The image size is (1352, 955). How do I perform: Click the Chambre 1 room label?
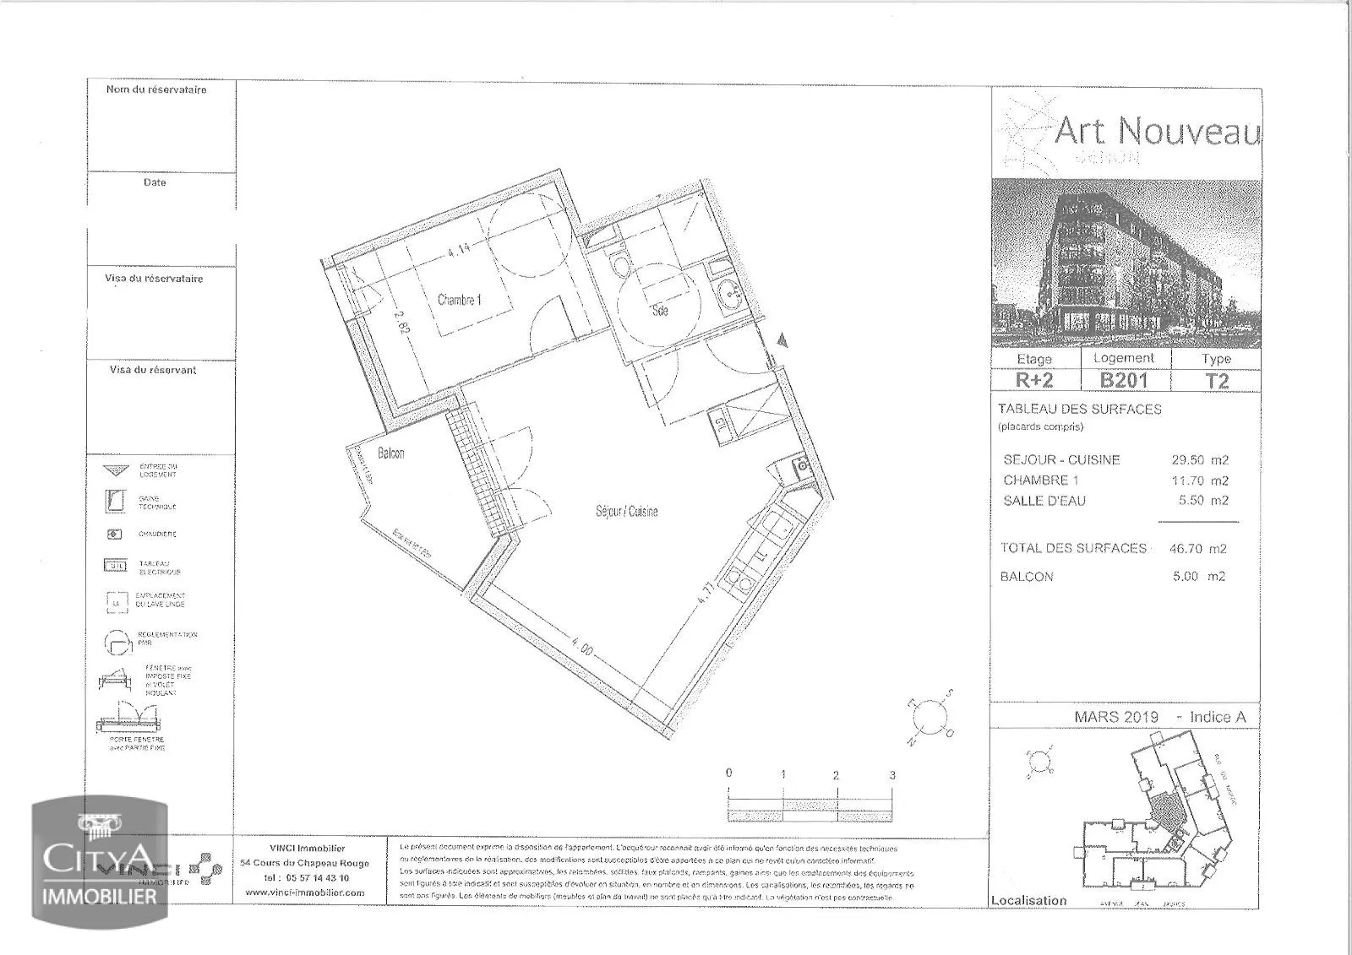pos(460,300)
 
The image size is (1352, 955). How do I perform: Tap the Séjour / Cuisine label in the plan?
pos(626,511)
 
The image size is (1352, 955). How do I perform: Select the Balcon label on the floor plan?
pos(390,453)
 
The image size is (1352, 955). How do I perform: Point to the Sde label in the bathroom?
pos(660,311)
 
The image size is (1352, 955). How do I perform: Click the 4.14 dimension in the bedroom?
pos(459,251)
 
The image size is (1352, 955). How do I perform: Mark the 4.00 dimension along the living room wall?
pos(582,650)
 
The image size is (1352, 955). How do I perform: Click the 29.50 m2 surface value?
pos(1199,460)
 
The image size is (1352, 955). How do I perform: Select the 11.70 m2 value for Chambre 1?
pos(1199,480)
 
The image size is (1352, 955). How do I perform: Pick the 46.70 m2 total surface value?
pos(1199,549)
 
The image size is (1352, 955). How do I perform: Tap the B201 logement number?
pos(1123,380)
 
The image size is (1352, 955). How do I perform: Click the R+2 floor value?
pos(1034,381)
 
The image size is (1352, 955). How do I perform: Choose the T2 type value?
pos(1216,381)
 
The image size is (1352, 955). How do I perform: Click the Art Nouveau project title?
pos(1158,132)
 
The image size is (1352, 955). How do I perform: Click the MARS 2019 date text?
pos(1116,717)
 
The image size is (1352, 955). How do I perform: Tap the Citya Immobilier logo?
pos(100,863)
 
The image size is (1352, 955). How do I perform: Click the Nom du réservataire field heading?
pos(156,90)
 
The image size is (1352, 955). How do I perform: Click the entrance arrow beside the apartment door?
pos(783,340)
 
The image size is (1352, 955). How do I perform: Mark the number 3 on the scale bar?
pos(892,774)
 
